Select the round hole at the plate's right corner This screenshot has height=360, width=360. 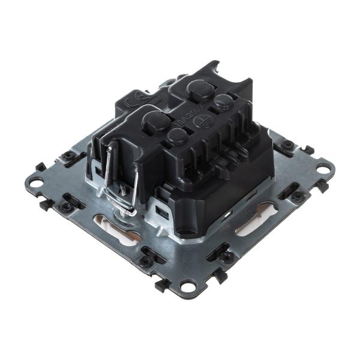click(x=322, y=169)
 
